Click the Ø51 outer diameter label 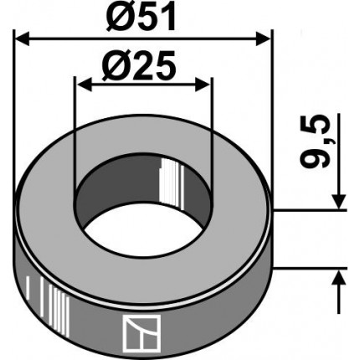(x=141, y=16)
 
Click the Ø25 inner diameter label (x=139, y=66)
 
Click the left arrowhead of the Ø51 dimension (x=22, y=39)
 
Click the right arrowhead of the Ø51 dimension (x=263, y=39)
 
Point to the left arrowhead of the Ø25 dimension (x=85, y=85)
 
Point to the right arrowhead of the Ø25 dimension (x=203, y=85)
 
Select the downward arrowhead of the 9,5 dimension (x=339, y=201)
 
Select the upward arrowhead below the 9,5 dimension (x=339, y=277)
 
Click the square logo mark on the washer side (x=142, y=333)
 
